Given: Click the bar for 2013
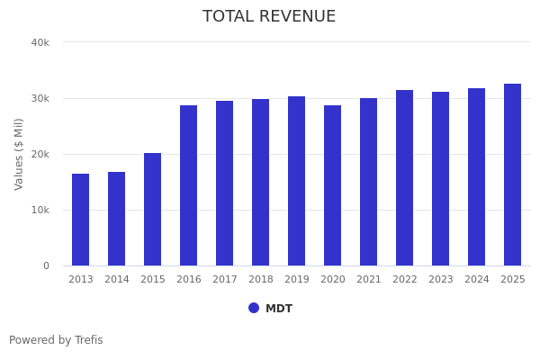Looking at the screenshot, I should point(81,220).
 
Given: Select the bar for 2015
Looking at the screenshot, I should point(153,210).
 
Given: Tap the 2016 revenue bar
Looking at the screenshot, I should point(189,185).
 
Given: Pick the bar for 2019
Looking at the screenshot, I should point(297,181).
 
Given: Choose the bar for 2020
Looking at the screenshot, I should point(333,185).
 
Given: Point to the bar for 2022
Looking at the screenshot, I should point(405,178).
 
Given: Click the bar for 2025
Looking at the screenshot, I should point(513,175).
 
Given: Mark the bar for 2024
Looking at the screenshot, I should point(477,177).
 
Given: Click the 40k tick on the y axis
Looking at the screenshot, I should point(40,42).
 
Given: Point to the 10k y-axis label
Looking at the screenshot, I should point(40,210).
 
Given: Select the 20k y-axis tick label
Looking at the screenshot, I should point(40,154).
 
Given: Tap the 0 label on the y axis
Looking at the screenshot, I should point(45,265).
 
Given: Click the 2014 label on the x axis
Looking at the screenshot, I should point(117,280).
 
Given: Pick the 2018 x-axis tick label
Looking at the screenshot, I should point(261,280).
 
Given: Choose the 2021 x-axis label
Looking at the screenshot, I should point(369,280).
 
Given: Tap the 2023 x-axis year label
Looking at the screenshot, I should point(441,280).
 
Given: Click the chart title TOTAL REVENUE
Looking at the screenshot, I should point(269,17).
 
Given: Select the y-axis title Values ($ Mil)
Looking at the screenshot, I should point(19,154).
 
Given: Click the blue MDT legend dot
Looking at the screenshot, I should point(254,308).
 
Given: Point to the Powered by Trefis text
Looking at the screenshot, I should point(56,340).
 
